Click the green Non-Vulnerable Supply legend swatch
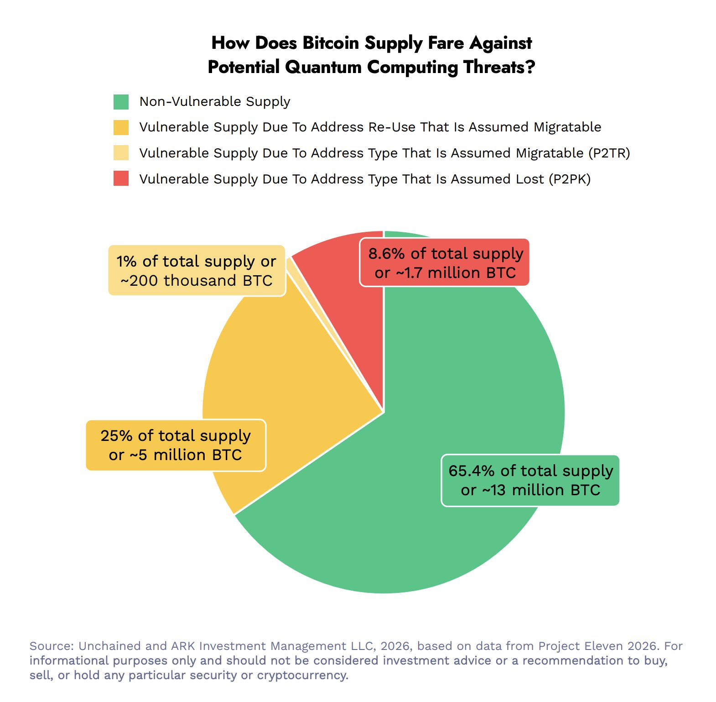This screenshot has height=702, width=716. [121, 102]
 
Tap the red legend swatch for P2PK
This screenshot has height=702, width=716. [121, 178]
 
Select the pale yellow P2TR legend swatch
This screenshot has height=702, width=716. [121, 153]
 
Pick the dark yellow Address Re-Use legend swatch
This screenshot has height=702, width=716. [121, 127]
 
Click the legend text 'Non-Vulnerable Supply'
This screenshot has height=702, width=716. [215, 102]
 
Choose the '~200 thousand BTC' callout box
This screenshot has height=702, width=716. [197, 271]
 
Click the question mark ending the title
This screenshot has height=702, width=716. [530, 68]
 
